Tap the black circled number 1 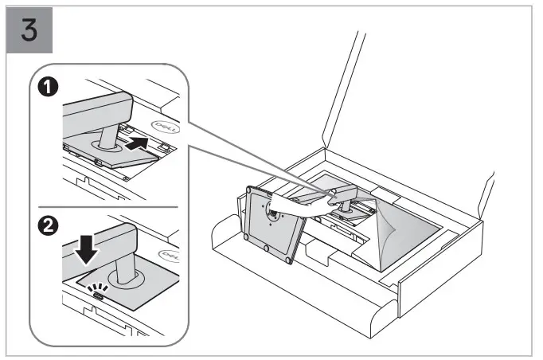(x=49, y=86)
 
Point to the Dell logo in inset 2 (x=169, y=256)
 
